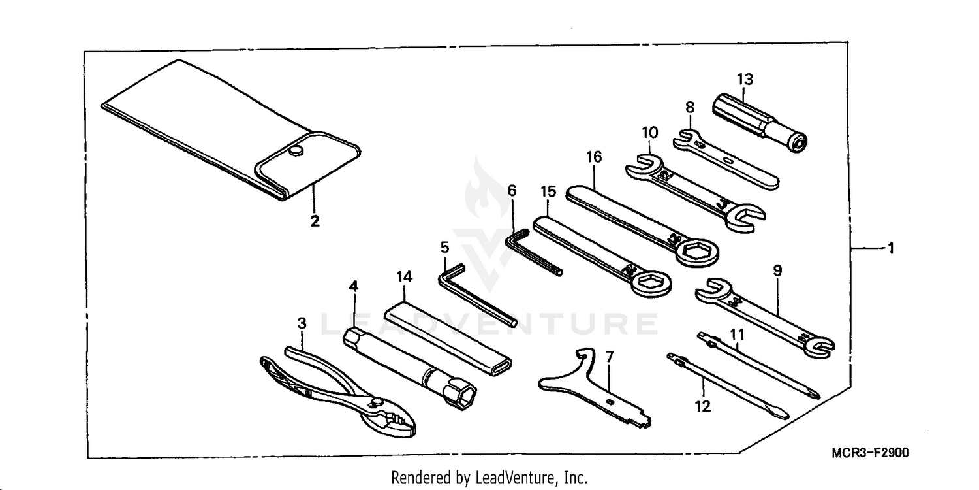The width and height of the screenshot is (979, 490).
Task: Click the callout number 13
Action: point(745,80)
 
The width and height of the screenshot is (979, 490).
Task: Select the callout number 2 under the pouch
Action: point(315,221)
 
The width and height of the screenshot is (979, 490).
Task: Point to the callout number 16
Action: point(594,157)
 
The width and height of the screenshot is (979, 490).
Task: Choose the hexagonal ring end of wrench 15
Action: point(650,284)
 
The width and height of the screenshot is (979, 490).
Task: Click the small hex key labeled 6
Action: point(532,252)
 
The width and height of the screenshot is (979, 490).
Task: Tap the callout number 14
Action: point(405,277)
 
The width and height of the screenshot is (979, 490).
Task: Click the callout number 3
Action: point(302,323)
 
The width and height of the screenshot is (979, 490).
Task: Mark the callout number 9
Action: point(777,270)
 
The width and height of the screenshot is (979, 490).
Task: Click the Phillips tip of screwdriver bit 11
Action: point(813,393)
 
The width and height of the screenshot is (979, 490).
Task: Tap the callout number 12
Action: point(702,406)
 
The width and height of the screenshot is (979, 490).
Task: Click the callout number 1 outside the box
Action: point(891,248)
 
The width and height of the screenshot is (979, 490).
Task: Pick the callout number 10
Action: point(649,132)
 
